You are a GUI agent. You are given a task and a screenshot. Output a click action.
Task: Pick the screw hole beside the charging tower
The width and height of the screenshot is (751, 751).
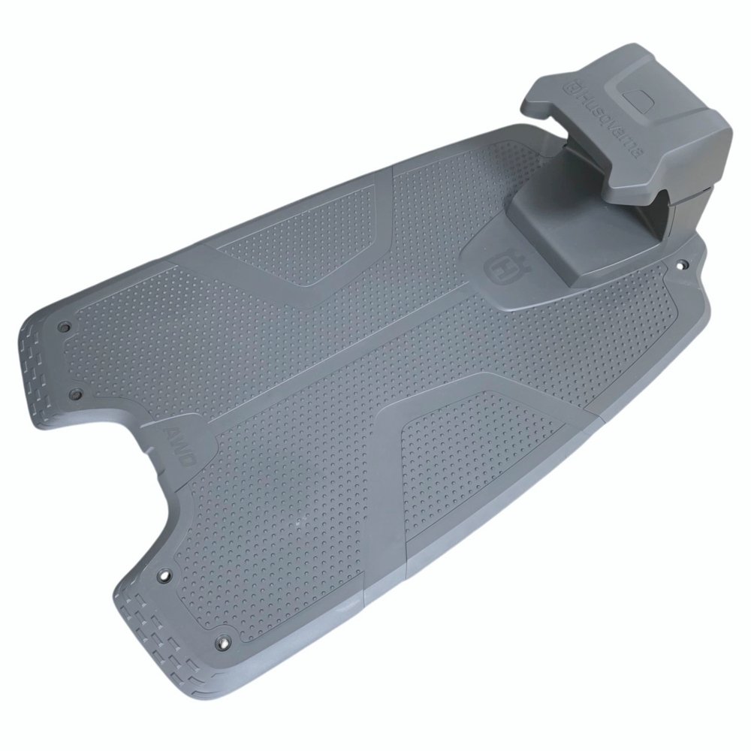(x=682, y=263)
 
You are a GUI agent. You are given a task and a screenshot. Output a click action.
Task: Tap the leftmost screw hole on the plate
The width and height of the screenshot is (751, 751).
(x=62, y=327)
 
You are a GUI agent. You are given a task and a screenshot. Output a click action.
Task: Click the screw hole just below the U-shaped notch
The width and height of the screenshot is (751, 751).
(x=166, y=573)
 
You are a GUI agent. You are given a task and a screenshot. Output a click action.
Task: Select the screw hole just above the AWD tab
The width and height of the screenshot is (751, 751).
(x=74, y=394)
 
